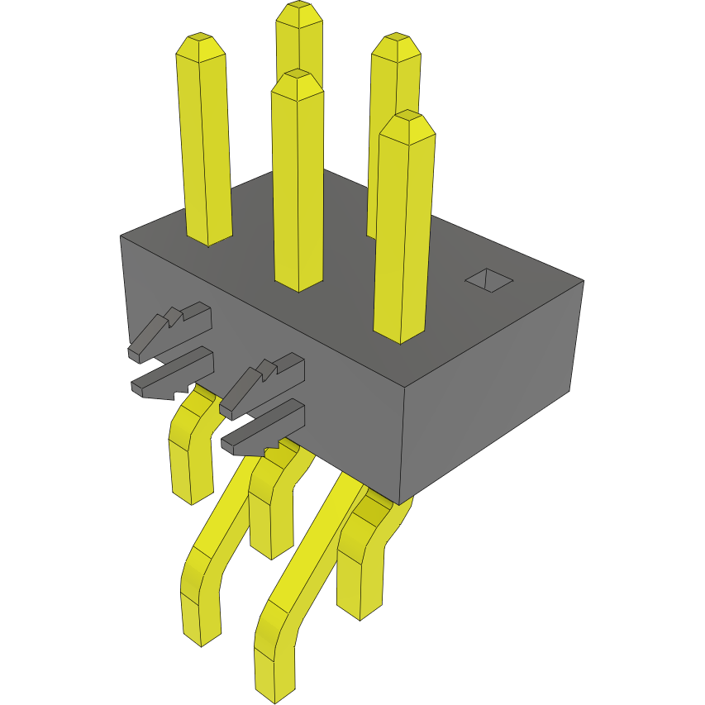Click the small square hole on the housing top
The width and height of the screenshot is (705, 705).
click(489, 281)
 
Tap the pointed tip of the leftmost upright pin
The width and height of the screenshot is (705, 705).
click(201, 39)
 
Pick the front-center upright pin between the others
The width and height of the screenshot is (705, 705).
click(298, 182)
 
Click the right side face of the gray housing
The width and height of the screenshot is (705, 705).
click(496, 388)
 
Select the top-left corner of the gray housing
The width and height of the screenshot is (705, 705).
click(121, 236)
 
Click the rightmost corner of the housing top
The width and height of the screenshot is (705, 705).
click(584, 281)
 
